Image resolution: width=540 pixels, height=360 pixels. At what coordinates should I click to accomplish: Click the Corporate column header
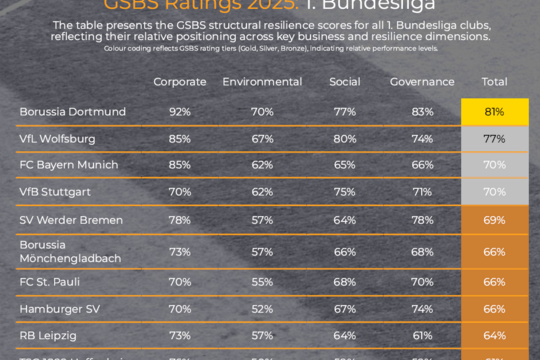coord(180,82)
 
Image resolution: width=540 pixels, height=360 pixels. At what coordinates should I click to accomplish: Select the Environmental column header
coord(262,82)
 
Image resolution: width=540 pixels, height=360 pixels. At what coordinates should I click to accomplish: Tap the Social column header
coord(344,82)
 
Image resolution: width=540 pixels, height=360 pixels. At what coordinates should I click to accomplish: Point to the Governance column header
coord(421,82)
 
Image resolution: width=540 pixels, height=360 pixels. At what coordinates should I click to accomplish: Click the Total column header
coord(495,82)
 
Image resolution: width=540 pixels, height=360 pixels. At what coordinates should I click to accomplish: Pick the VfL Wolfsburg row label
coord(52,138)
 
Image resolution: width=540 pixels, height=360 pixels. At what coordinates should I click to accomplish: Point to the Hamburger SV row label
coord(55,310)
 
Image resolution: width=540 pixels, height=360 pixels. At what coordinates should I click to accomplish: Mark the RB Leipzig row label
coord(46,337)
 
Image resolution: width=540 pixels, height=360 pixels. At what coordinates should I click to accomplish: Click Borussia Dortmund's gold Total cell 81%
coord(495,112)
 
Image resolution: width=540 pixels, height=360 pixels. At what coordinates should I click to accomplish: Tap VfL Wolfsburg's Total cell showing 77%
coord(495,138)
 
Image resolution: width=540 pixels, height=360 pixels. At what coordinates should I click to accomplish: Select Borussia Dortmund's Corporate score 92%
coord(180,112)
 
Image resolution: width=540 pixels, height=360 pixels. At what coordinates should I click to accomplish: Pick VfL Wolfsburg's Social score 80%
coord(344,138)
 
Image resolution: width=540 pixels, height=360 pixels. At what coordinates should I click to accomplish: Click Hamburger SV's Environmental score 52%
coord(262,310)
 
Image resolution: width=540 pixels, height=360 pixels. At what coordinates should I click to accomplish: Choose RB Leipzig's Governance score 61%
coord(421,337)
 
